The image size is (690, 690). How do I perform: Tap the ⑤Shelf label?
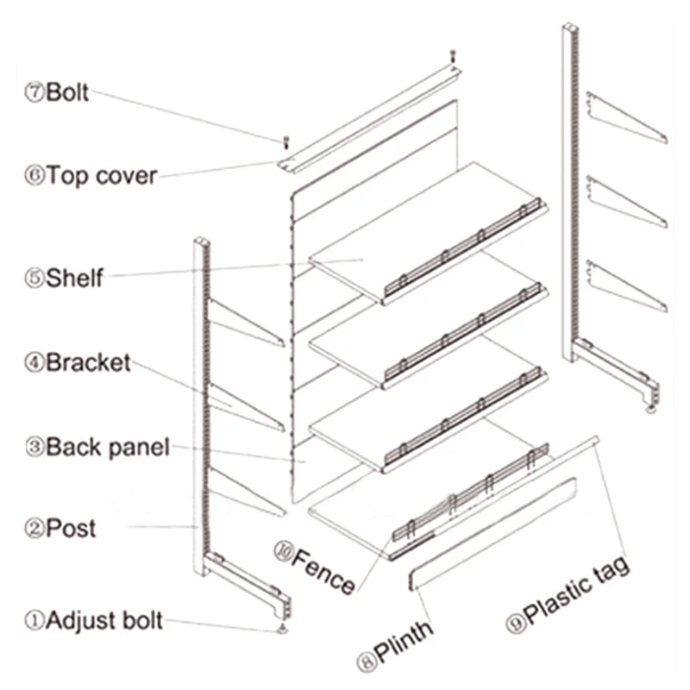(65, 278)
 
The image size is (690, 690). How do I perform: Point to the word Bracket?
(88, 362)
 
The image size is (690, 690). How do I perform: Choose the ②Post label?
(60, 527)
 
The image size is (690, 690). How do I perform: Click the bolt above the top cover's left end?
(286, 140)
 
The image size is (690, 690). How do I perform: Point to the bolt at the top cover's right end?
(450, 56)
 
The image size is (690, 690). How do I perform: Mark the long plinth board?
(487, 535)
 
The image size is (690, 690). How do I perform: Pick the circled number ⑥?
(34, 176)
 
